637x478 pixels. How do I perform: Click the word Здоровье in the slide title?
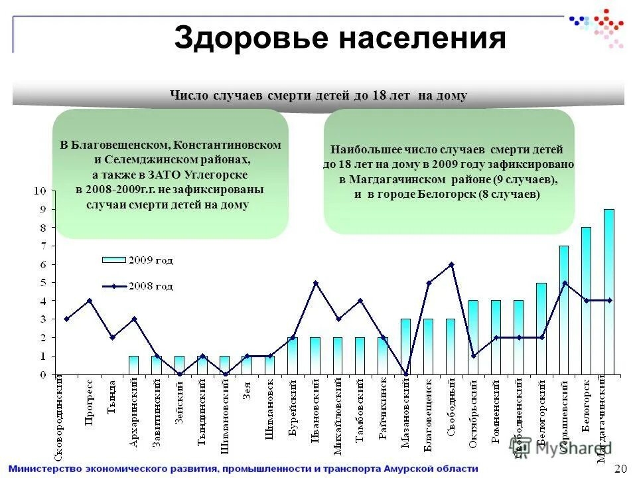(x=251, y=39)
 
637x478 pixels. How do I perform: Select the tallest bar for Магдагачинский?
(x=609, y=292)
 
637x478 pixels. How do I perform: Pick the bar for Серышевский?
(x=563, y=310)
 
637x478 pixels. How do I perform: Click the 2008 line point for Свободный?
(x=451, y=264)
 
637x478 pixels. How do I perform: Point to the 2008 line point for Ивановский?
(x=315, y=283)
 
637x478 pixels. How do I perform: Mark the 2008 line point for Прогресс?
(x=89, y=301)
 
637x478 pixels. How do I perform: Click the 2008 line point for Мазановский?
(x=406, y=374)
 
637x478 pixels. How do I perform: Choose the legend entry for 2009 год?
(x=137, y=259)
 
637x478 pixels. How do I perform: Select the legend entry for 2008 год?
(x=137, y=286)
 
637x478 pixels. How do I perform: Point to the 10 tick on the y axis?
(x=40, y=191)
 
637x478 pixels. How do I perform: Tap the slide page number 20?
(x=621, y=469)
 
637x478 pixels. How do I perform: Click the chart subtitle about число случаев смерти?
(x=318, y=96)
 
